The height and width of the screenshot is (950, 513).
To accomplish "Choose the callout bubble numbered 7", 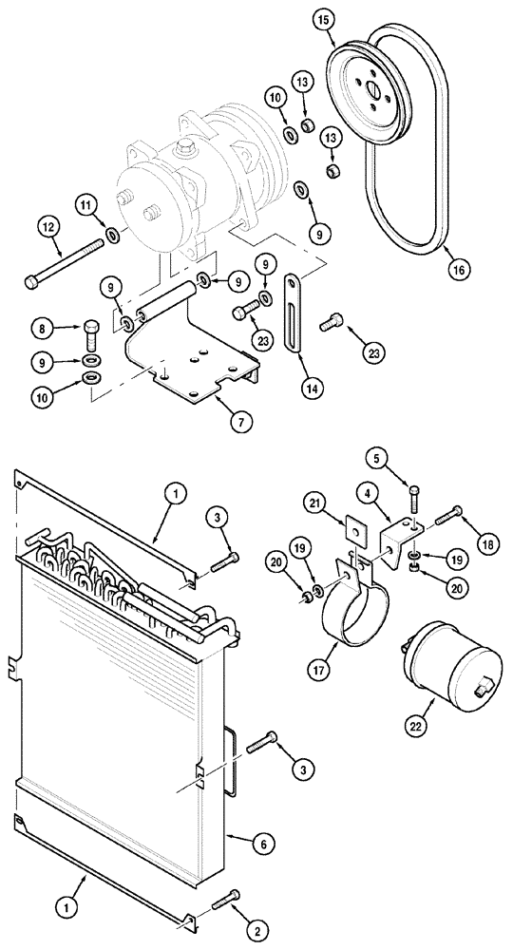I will click(x=219, y=419).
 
